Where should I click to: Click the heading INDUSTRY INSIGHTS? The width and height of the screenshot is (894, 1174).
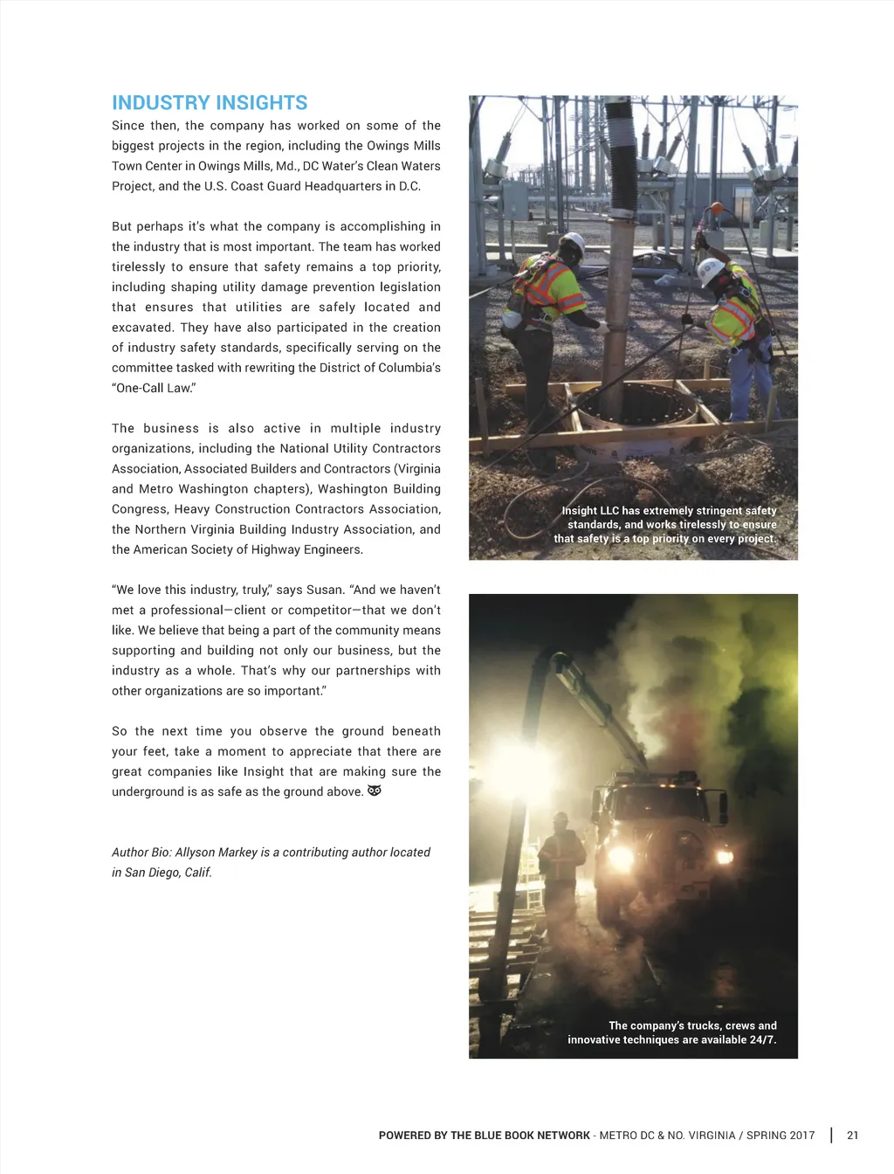(x=210, y=103)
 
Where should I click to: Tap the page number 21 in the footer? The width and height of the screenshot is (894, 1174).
(x=852, y=1136)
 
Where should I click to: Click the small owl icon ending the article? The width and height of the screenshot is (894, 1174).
(x=375, y=791)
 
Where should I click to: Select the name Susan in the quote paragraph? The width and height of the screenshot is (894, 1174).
(x=325, y=590)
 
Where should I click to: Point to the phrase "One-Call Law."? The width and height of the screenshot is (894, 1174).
(x=154, y=388)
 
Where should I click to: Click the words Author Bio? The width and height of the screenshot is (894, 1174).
(x=140, y=853)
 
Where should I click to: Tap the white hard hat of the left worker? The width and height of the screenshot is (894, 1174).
(x=572, y=244)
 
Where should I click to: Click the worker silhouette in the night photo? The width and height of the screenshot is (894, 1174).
(x=561, y=860)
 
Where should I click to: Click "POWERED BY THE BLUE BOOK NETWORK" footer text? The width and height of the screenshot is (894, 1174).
(x=485, y=1136)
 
